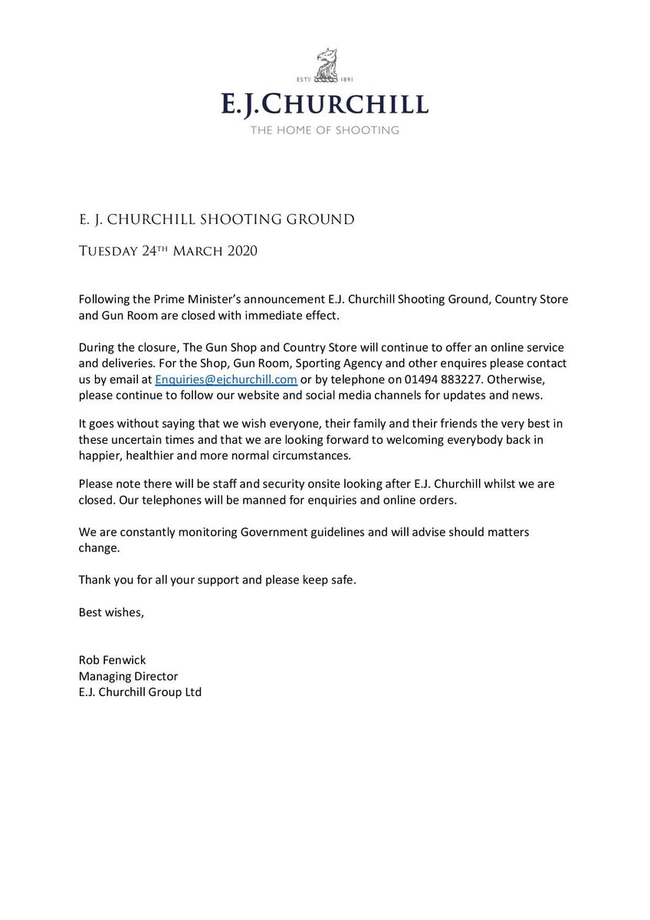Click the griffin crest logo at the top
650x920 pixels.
[324, 70]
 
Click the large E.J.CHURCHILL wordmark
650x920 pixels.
[325, 104]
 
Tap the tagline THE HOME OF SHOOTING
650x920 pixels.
[325, 130]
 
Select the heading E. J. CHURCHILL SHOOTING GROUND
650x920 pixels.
[216, 220]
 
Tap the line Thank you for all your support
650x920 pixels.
[217, 579]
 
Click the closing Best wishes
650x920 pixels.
[110, 612]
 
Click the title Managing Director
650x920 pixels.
[128, 676]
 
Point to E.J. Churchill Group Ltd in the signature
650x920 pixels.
[140, 692]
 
